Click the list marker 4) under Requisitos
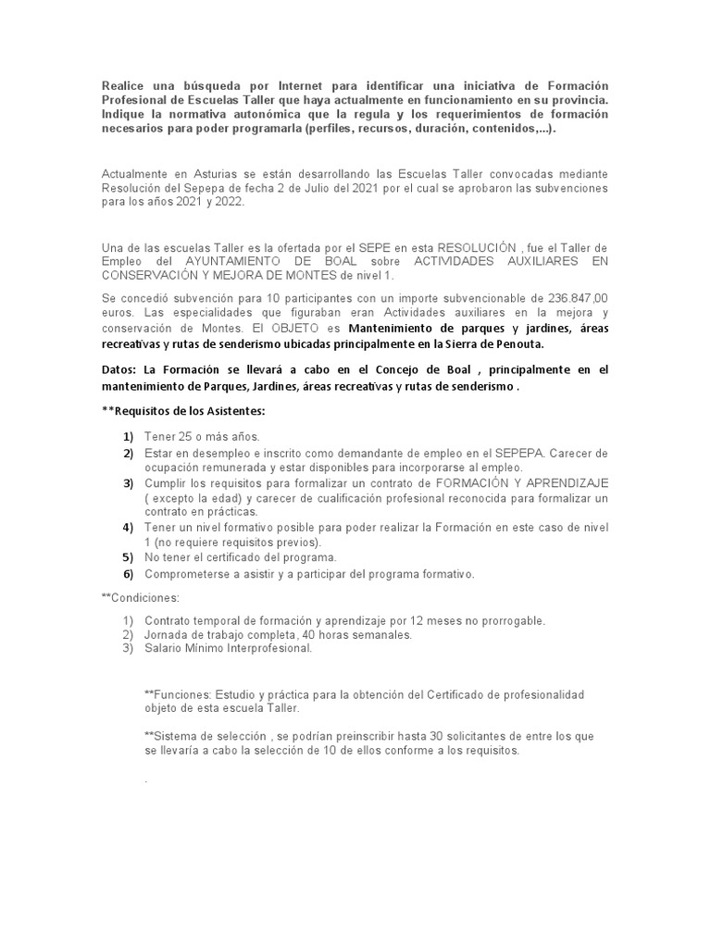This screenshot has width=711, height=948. pos(127,527)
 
